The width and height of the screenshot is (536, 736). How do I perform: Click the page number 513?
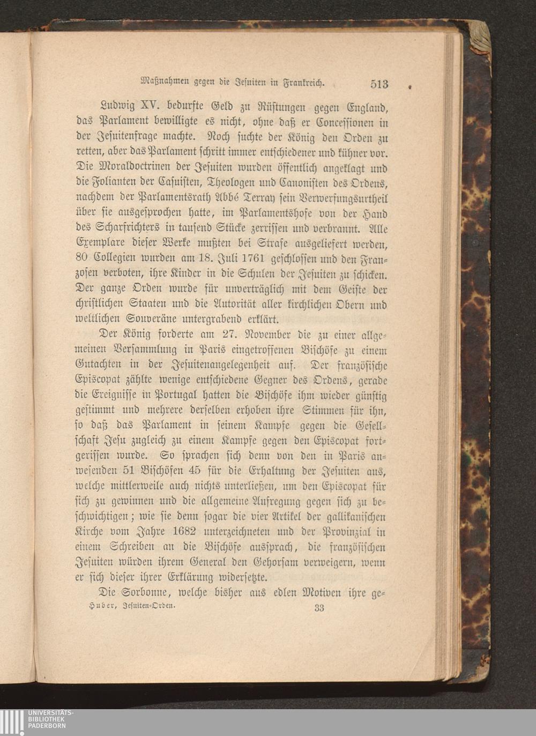(378, 84)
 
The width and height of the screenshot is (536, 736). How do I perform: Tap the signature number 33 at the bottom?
(319, 608)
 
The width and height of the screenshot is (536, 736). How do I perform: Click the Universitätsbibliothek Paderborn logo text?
(51, 719)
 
